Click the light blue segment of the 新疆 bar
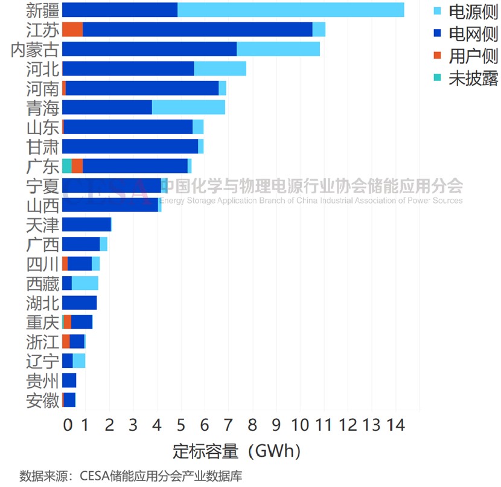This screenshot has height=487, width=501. (290, 10)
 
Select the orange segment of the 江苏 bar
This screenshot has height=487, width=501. (72, 30)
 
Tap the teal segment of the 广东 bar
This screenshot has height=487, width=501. (66, 166)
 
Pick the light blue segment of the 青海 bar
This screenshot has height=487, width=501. (188, 108)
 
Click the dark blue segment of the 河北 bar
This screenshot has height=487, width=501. (128, 68)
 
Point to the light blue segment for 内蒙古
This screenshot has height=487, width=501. (278, 49)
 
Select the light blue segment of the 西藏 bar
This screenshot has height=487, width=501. (85, 283)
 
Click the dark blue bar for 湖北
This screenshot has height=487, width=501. (79, 303)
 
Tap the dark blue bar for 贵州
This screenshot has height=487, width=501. (69, 380)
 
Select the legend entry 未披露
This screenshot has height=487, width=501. (473, 79)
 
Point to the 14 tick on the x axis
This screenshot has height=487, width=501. (395, 425)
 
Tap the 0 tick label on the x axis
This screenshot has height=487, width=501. (68, 425)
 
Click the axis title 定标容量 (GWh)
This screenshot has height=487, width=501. (237, 451)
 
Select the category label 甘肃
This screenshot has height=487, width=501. (43, 146)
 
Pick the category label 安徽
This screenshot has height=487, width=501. (43, 400)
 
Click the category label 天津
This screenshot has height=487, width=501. (43, 225)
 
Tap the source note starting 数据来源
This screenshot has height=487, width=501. (130, 476)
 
